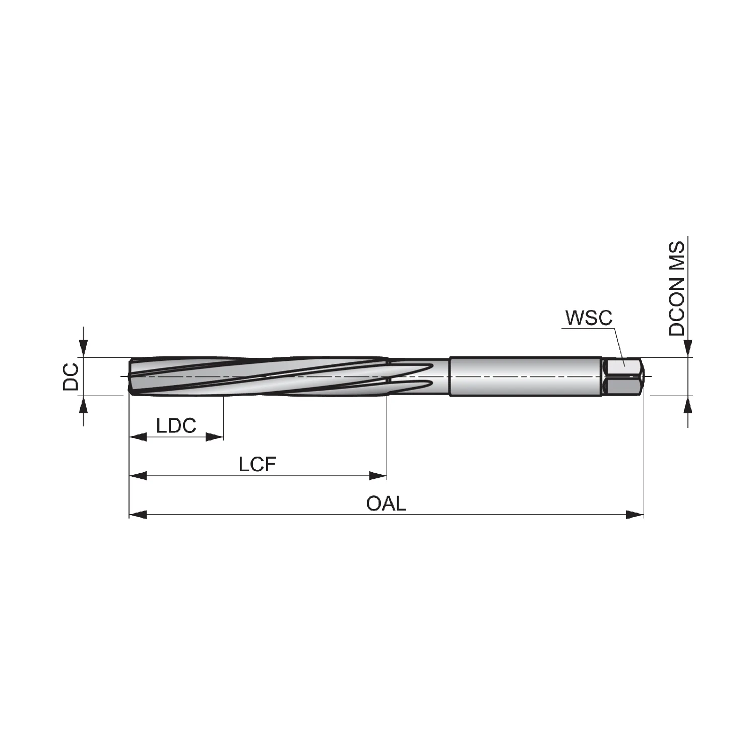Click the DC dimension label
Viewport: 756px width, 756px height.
(x=71, y=376)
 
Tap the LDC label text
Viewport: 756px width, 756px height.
(x=176, y=426)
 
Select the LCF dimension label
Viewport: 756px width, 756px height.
(x=258, y=464)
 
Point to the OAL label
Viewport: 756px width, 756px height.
(x=386, y=503)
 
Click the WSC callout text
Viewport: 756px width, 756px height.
(x=589, y=318)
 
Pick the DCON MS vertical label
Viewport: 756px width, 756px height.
(x=677, y=289)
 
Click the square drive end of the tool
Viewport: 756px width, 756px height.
(x=623, y=376)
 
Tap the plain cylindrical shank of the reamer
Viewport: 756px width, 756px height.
(x=526, y=376)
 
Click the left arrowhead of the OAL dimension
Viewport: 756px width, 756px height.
(x=138, y=515)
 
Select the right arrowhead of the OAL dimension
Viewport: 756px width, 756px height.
(x=635, y=515)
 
